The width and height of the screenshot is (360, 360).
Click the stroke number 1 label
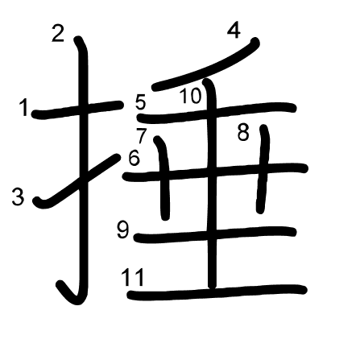tap(25, 107)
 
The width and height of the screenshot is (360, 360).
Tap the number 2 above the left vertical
tap(58, 33)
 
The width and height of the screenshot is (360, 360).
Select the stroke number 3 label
tap(18, 197)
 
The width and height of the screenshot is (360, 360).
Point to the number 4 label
tap(234, 31)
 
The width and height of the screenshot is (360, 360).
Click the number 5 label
tap(141, 102)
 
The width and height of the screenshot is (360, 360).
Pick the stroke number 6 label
tap(134, 157)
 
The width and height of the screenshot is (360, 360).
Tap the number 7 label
tap(142, 135)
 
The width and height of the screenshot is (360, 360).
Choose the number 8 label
tap(243, 132)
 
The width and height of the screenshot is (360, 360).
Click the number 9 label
tap(123, 230)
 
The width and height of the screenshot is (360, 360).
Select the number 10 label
tap(190, 96)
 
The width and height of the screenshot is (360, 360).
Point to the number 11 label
tap(133, 277)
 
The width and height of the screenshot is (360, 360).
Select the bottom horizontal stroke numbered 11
tap(217, 292)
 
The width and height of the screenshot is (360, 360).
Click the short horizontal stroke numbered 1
tap(77, 110)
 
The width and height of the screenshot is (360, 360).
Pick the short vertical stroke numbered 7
tap(163, 178)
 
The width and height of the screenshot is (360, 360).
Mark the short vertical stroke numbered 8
tap(263, 169)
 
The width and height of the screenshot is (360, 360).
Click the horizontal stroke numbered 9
tap(215, 234)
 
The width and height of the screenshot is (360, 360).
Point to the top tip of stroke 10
tap(207, 81)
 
